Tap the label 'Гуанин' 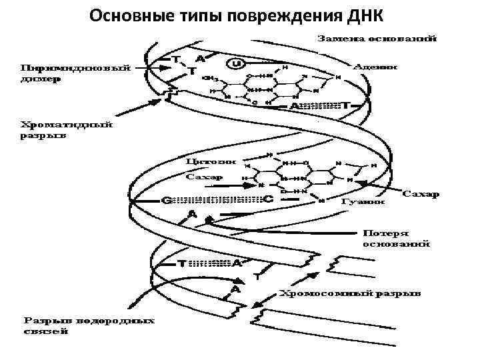pos(363,201)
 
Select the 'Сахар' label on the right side pos(422,194)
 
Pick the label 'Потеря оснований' pos(396,239)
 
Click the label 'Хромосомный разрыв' pos(350,292)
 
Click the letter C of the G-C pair pos(268,199)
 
